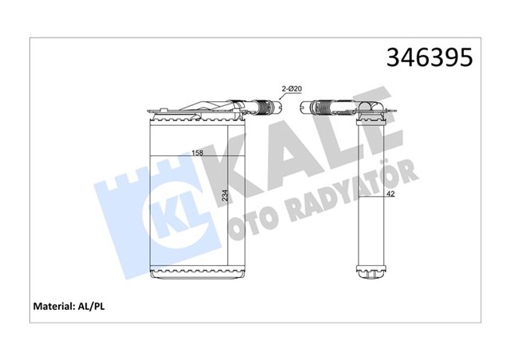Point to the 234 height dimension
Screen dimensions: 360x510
[x=226, y=198]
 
